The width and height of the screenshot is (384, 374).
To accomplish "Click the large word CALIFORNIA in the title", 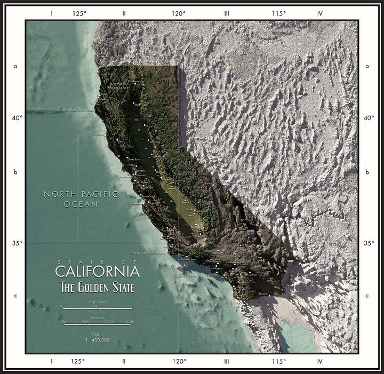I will click(97, 271).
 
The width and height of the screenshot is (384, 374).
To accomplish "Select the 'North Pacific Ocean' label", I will click(81, 199).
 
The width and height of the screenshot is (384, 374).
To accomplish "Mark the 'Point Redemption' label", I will click(148, 252).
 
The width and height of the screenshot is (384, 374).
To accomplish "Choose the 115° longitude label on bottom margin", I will click(278, 361).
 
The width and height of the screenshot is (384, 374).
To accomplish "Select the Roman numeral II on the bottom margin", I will click(124, 361).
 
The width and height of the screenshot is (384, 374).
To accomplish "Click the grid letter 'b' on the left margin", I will click(16, 172).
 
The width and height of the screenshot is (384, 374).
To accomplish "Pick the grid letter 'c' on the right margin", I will click(367, 296).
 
